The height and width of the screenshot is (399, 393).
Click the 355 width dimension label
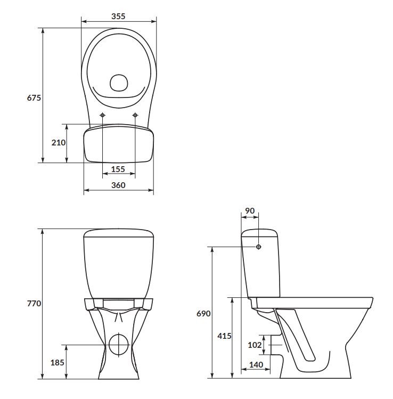(118, 17)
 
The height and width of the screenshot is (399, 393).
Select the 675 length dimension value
(34, 97)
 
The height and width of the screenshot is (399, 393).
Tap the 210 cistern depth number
(59, 143)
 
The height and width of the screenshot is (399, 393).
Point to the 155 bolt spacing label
(118, 169)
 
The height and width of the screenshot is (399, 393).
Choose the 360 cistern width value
(118, 185)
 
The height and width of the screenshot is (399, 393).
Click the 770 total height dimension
(34, 304)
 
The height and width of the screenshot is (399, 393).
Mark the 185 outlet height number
(57, 362)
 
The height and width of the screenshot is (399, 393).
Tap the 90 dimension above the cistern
(250, 211)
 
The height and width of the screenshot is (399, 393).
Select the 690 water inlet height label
(203, 313)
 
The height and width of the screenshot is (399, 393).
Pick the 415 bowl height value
(224, 336)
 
